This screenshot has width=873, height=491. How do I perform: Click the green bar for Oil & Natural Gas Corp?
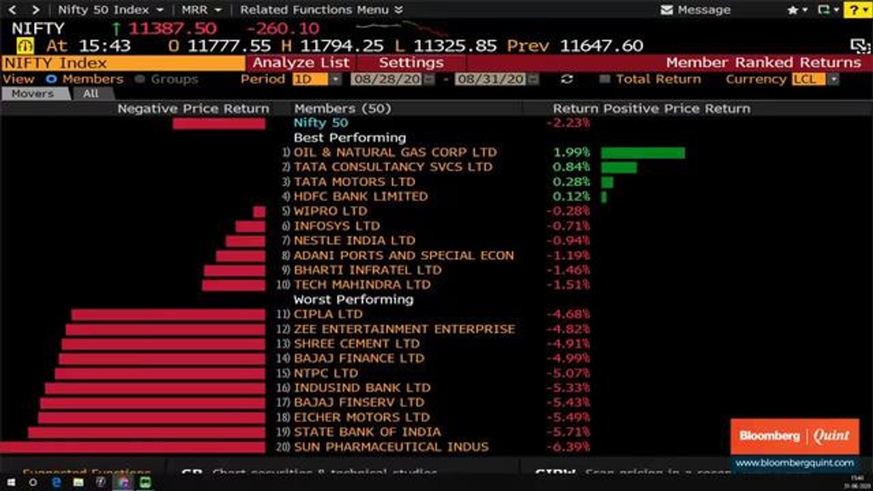click(x=642, y=153)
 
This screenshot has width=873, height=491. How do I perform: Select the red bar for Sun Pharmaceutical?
click(x=132, y=447)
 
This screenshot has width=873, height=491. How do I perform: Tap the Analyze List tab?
click(x=301, y=63)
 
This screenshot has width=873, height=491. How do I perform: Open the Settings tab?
click(x=411, y=63)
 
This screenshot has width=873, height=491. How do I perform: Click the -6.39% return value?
click(x=568, y=447)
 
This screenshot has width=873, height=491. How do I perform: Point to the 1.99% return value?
click(x=572, y=153)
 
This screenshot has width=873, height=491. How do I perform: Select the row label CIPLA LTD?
click(x=328, y=314)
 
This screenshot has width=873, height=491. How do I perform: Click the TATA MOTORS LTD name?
click(x=354, y=182)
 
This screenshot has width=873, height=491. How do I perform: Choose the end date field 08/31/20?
click(x=490, y=79)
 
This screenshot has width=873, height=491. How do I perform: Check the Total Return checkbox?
click(x=604, y=79)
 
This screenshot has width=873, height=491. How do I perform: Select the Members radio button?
click(x=51, y=79)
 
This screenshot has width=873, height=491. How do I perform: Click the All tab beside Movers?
click(x=91, y=94)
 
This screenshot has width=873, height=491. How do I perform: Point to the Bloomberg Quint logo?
click(x=795, y=436)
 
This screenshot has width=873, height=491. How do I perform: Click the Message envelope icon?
click(x=667, y=10)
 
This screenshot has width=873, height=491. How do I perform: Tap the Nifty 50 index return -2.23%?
click(x=567, y=123)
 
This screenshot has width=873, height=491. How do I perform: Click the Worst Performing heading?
click(x=353, y=299)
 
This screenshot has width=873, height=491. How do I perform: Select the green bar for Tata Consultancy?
click(x=619, y=167)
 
